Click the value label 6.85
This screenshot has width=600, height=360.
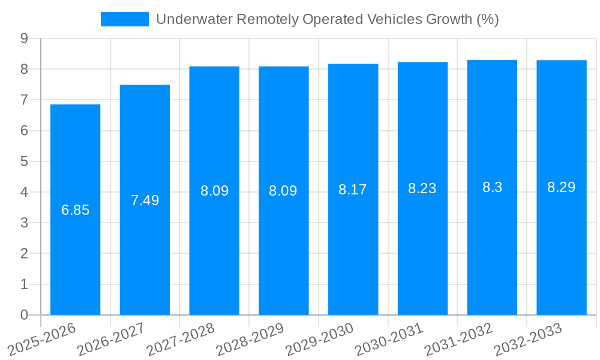[75, 210]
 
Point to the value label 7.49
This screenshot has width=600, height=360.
[145, 200]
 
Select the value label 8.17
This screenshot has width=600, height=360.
[353, 190]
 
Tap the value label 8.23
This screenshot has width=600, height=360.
[422, 188]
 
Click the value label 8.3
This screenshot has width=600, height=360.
[492, 187]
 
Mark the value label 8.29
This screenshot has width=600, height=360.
[562, 187]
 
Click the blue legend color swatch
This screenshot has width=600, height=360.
[124, 19]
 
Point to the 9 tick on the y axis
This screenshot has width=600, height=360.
[24, 38]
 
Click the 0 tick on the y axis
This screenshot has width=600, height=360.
[24, 315]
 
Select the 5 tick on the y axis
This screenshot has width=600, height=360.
[24, 161]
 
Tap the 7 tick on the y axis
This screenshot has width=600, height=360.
[24, 100]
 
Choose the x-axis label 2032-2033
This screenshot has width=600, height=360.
[526, 339]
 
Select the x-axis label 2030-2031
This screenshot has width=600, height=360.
[387, 339]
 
